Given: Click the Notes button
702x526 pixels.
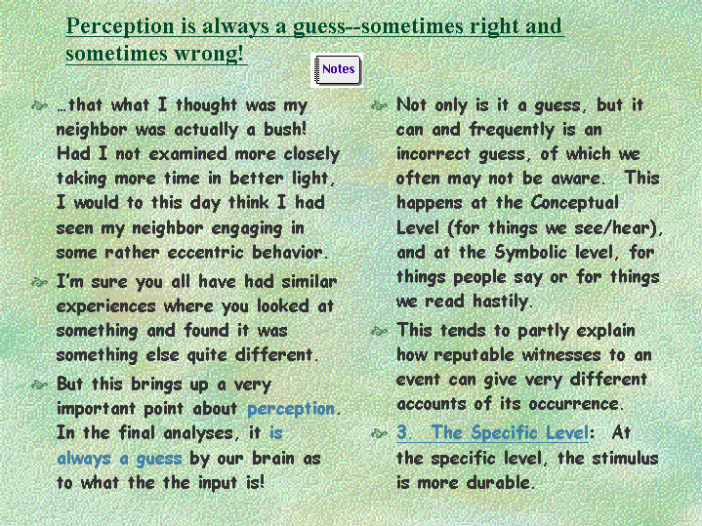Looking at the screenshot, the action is point(337,70).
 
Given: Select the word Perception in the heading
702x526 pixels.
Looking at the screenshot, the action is point(120,26).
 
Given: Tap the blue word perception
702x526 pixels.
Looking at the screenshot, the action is point(291,409).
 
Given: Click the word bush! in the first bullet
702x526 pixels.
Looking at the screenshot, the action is point(285,130).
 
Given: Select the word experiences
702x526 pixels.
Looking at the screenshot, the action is point(105,307).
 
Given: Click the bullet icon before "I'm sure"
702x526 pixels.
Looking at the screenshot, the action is point(39,282).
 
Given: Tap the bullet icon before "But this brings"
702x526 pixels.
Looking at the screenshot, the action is point(39,384).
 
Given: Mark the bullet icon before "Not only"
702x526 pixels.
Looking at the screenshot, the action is point(379,106).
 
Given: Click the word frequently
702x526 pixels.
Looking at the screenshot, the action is point(512,130).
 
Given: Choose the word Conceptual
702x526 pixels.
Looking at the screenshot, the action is point(575,203).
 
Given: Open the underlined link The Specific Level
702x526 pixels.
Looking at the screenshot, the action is point(492,433).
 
